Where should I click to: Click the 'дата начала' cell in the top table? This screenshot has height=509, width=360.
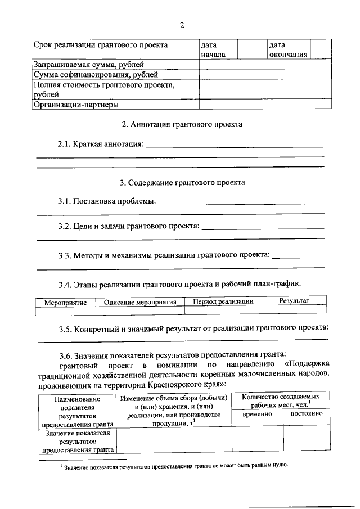pos(214,49)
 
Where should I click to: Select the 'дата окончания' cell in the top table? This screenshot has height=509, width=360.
pos(287,49)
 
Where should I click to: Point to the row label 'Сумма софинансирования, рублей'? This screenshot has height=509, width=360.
pos(96,74)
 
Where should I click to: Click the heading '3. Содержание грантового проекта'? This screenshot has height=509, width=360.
pos(182,183)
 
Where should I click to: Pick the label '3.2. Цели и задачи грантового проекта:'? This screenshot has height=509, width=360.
pos(129,226)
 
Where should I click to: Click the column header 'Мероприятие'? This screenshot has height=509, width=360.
pos(65,303)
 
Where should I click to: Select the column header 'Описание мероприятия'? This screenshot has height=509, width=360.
pos(141,302)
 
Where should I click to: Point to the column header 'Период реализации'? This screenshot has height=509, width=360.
pos(223,301)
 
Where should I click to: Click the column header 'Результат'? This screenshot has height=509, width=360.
pos(294,301)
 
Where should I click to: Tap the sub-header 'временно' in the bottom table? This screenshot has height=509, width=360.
pos(257,414)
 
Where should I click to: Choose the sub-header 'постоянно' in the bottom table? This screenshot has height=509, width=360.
pos(306,413)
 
